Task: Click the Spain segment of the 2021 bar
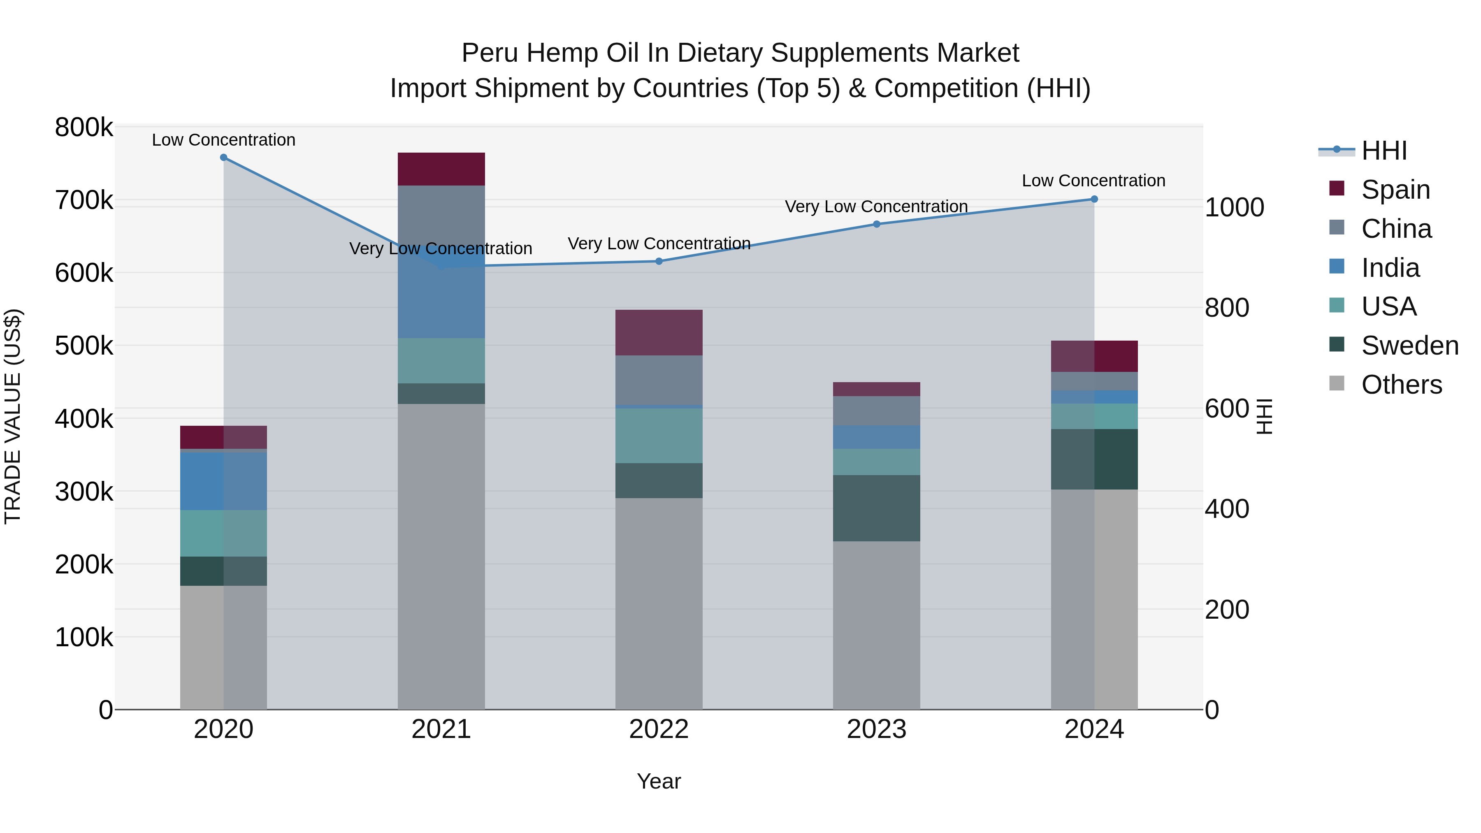(441, 169)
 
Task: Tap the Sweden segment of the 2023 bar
(876, 508)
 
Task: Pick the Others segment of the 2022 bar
(659, 603)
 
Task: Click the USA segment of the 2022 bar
(659, 436)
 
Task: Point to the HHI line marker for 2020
(224, 158)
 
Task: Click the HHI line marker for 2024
(1094, 199)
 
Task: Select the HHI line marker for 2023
(876, 224)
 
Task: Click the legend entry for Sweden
(1409, 346)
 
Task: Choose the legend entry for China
(1396, 229)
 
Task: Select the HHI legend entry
(1383, 151)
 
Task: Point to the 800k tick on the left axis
(84, 128)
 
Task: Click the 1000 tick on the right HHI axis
(1234, 208)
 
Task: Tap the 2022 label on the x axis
(659, 729)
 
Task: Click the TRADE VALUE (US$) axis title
(13, 416)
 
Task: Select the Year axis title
(659, 781)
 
